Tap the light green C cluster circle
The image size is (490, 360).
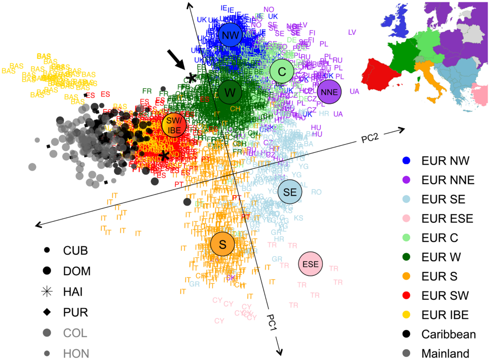[x=282, y=72]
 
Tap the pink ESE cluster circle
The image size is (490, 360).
[x=311, y=264]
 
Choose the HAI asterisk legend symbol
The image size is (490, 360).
[x=47, y=291]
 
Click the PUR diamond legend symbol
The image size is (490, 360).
[x=47, y=312]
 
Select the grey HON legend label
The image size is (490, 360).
[x=75, y=353]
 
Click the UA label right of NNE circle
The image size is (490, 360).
[x=355, y=92]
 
